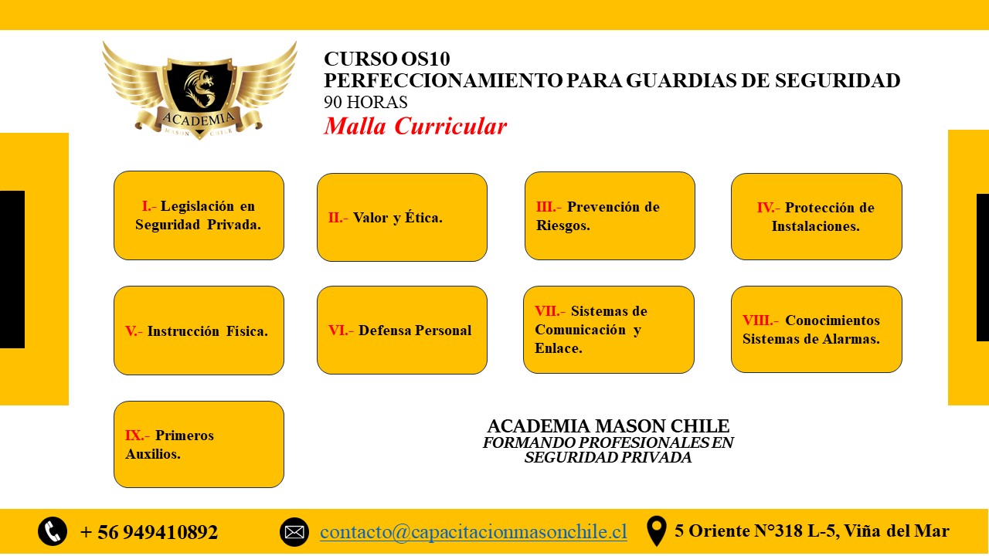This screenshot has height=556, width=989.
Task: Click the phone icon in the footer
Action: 53,531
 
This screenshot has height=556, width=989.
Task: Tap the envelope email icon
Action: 294,532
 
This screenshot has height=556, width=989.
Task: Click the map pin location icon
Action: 656,531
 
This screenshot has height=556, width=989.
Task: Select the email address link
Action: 474,532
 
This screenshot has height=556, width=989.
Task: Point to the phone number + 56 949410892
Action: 149,532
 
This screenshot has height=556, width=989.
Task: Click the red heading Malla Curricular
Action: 416,126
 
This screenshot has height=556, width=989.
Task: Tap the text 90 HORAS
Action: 365,102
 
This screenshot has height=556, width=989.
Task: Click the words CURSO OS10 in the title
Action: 387,59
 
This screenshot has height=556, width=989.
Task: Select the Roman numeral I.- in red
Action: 149,206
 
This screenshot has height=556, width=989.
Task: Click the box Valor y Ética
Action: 402,217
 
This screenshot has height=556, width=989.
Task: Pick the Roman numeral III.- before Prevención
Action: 549,207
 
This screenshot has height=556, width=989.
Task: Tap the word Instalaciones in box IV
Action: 815,226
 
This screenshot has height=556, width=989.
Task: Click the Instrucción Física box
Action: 199,331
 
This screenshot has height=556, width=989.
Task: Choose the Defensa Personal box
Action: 402,330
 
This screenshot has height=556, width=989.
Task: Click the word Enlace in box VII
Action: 558,348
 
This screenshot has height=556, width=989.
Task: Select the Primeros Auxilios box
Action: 199,444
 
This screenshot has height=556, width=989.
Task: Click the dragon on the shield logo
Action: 199,87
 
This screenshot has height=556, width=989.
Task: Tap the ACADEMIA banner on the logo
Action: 199,119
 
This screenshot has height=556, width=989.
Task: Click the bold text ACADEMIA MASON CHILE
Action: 608,426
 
